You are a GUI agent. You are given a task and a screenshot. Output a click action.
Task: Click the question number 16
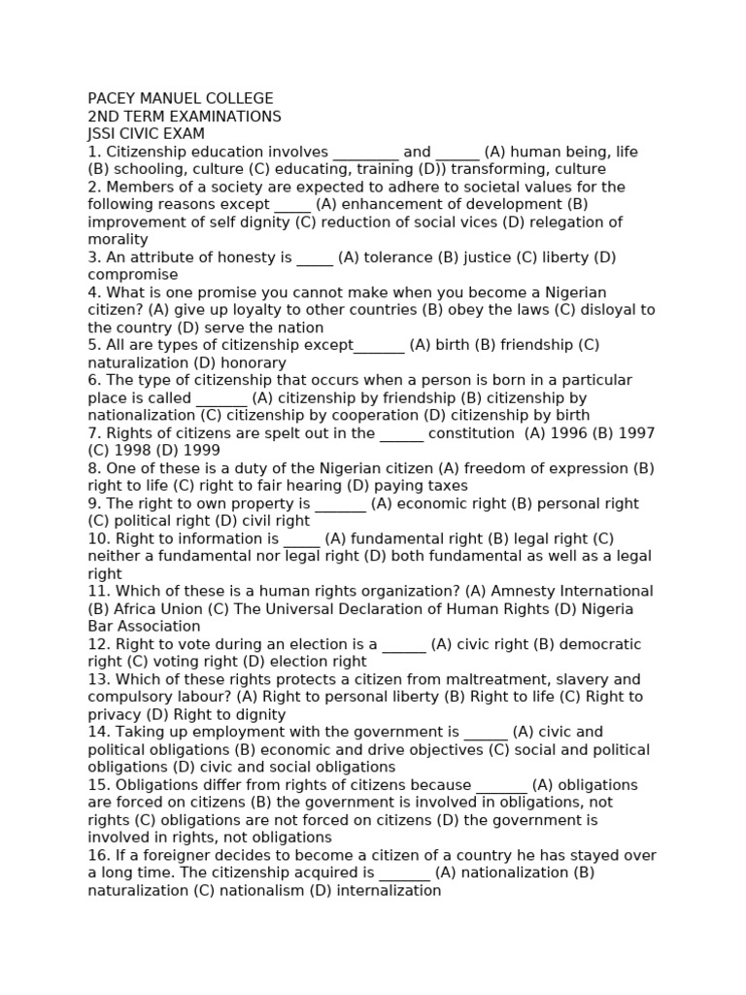95,855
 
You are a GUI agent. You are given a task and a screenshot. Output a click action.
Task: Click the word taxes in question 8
448,486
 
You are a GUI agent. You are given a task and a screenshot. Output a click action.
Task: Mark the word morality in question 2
118,240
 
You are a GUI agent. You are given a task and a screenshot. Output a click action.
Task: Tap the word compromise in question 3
133,275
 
